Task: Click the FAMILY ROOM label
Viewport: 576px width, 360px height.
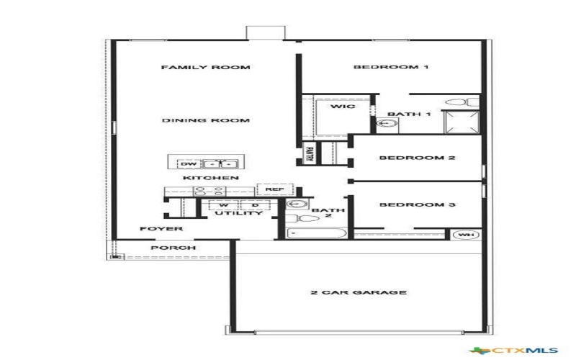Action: coord(205,68)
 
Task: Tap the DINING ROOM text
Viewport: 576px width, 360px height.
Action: coord(205,120)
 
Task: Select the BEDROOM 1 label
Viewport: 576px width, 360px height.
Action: coord(391,68)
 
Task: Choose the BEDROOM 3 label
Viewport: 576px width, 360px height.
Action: coord(418,205)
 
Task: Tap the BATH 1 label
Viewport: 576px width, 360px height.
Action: coord(409,114)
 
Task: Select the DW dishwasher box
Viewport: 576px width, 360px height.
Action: coord(186,163)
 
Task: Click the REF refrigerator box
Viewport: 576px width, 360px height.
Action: coord(275,189)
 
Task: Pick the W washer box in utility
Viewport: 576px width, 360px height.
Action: coord(214,205)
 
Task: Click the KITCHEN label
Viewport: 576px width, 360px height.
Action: coord(210,178)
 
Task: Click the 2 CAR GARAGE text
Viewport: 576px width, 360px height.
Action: coord(359,292)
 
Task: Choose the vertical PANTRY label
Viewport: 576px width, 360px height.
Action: coord(309,154)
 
